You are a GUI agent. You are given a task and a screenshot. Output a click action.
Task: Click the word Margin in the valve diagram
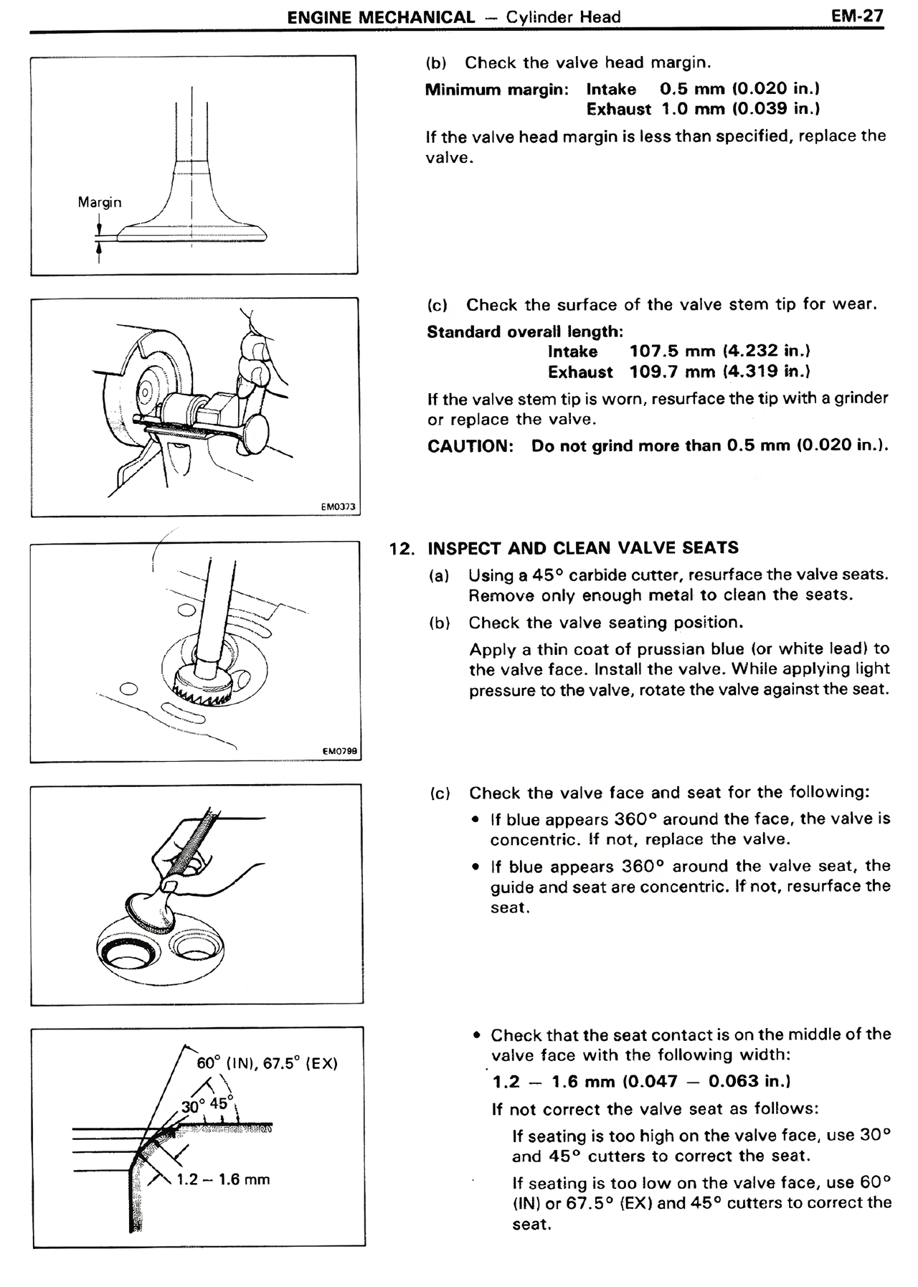click(x=100, y=202)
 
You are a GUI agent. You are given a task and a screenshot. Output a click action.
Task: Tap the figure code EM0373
click(x=338, y=506)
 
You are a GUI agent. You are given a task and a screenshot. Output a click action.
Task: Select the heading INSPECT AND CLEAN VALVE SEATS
click(x=582, y=548)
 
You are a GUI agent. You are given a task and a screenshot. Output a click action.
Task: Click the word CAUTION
click(x=470, y=446)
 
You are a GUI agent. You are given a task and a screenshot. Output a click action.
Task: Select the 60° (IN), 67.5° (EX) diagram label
click(x=267, y=1062)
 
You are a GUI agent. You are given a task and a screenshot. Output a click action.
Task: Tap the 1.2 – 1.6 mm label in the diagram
click(x=223, y=1179)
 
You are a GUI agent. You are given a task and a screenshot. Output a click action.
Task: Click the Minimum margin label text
click(x=496, y=90)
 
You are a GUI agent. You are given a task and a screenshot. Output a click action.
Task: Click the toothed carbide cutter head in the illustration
click(x=202, y=688)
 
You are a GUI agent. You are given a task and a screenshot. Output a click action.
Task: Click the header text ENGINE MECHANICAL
click(x=380, y=17)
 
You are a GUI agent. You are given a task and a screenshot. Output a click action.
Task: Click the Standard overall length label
click(x=524, y=331)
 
